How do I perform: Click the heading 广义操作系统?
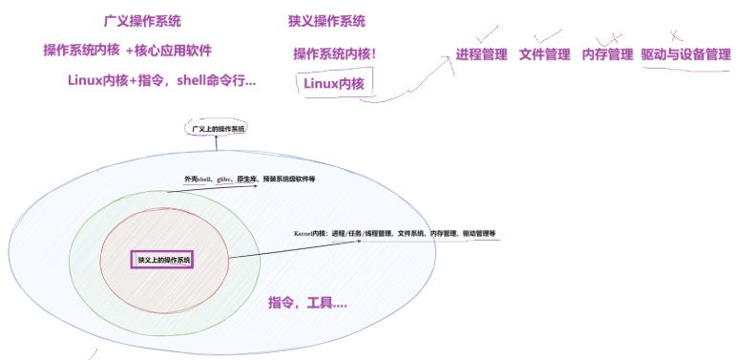point(142,21)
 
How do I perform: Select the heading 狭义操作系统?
point(326,21)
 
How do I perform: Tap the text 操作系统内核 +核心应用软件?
point(127,50)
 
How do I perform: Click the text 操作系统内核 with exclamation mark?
point(334,53)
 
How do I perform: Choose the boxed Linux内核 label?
point(334,84)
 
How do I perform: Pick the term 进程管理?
point(481,54)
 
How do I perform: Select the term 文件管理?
point(544,54)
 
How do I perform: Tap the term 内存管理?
point(607,54)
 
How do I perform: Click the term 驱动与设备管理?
point(685,54)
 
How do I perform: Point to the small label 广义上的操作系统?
point(216,128)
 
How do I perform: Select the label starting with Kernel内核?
point(394,233)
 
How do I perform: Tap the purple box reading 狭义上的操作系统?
point(161,259)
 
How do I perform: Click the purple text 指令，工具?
point(307,303)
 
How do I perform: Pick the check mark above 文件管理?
point(548,35)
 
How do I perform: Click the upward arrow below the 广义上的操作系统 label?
point(216,145)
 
